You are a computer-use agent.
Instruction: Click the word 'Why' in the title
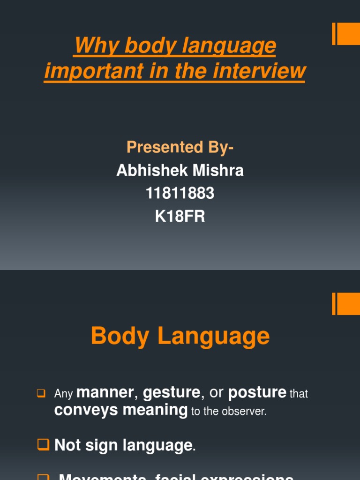(90, 46)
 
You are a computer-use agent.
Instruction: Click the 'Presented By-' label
(180, 147)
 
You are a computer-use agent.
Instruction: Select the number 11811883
(180, 193)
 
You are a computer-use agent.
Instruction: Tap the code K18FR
(180, 217)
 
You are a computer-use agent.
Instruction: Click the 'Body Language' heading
(180, 336)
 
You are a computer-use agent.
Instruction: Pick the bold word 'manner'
(105, 392)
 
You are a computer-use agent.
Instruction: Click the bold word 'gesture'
(171, 392)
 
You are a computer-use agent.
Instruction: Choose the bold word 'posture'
(257, 392)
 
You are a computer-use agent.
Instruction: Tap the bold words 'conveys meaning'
(121, 410)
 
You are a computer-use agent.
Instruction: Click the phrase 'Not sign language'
(123, 445)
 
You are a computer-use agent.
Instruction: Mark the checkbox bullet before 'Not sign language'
(43, 444)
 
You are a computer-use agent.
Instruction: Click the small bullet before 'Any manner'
(40, 393)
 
